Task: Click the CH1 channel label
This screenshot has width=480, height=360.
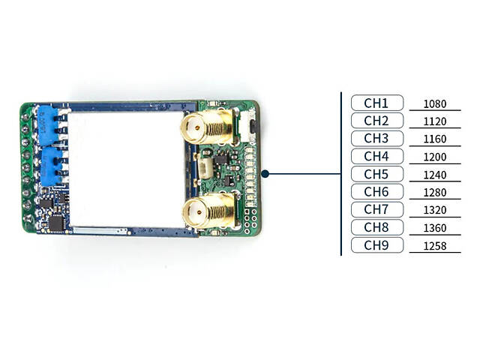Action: pos(376,103)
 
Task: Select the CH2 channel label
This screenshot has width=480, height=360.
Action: pos(376,121)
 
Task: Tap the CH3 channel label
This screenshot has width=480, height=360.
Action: pos(376,139)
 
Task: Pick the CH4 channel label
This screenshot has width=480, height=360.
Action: pos(376,156)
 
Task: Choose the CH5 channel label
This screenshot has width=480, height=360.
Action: pos(376,174)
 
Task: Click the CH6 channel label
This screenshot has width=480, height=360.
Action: pos(376,191)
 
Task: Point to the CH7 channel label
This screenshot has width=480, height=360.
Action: pos(376,209)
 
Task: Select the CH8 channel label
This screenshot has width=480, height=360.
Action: pos(376,226)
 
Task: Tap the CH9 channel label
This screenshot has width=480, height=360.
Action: pos(376,244)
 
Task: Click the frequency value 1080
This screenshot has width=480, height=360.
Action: pos(435,104)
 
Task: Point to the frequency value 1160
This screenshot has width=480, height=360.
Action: pos(435,139)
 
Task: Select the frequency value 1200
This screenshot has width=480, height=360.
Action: pos(435,157)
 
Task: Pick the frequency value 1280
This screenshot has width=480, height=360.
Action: pos(435,193)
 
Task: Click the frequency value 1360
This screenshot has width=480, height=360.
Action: pos(435,228)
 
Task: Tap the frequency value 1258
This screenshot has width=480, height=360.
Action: pos(435,246)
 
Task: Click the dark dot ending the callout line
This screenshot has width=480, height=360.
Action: pos(265,173)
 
